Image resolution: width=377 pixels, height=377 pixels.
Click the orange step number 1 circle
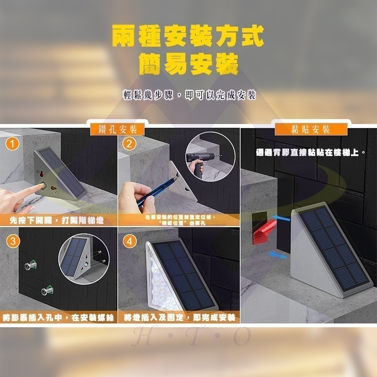pos(13,144)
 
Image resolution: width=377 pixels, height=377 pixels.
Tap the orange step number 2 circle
pos(129,144)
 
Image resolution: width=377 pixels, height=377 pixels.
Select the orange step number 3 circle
pos(13,242)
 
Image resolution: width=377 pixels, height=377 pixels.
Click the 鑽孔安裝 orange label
pos(118,129)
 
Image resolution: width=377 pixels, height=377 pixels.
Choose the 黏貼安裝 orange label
pos(311,129)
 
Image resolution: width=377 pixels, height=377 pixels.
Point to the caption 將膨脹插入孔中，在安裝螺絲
pos(58,318)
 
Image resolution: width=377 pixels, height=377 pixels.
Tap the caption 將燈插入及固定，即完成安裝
pos(179,318)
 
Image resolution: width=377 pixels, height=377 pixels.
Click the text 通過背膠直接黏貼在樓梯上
pos(310,153)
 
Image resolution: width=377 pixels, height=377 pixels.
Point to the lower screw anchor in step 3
pos(47,291)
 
